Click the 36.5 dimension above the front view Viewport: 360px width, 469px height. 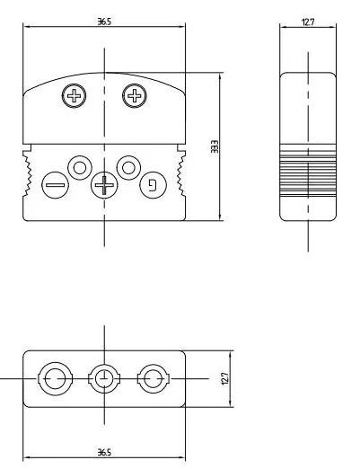click(104, 22)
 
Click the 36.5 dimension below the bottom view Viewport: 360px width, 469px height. click(104, 452)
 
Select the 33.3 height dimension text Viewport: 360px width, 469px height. click(215, 146)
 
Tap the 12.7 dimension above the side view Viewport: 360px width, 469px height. click(308, 22)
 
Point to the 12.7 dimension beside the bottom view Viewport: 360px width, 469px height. click(225, 378)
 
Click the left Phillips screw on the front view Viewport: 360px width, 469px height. click(74, 96)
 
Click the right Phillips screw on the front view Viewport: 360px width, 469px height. click(135, 96)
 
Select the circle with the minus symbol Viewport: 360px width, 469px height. click(55, 185)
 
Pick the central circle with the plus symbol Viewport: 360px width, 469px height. click(104, 185)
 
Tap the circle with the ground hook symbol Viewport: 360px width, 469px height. click(153, 185)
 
